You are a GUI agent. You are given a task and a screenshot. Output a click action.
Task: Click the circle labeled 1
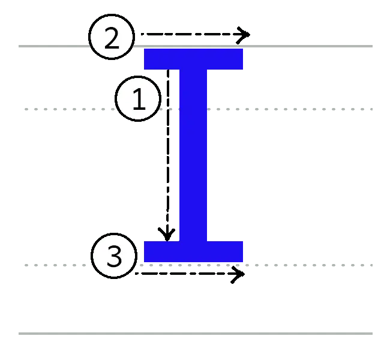[139, 100]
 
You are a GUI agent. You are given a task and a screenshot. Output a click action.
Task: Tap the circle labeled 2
[112, 38]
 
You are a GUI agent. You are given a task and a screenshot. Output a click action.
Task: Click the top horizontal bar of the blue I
[194, 59]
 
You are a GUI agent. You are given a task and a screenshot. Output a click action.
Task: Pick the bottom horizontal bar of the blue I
[194, 252]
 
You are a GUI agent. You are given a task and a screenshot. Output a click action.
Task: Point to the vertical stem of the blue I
[194, 156]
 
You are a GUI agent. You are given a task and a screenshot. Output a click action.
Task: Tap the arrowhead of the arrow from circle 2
[243, 34]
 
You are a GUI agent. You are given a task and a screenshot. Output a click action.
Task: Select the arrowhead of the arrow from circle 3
[238, 275]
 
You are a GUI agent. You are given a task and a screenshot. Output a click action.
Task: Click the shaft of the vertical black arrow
[167, 150]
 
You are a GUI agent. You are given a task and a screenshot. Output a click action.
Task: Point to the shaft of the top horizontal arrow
[186, 34]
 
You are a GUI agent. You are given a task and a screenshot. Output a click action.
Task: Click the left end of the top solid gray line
[16, 45]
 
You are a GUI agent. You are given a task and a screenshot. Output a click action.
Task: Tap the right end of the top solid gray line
[373, 45]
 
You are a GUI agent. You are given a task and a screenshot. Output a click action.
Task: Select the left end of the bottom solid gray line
[16, 333]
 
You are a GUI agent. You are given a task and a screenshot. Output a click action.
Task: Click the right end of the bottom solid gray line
[373, 333]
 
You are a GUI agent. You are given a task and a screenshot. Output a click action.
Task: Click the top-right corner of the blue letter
[243, 49]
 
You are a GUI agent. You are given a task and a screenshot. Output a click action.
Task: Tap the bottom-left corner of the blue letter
[145, 262]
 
